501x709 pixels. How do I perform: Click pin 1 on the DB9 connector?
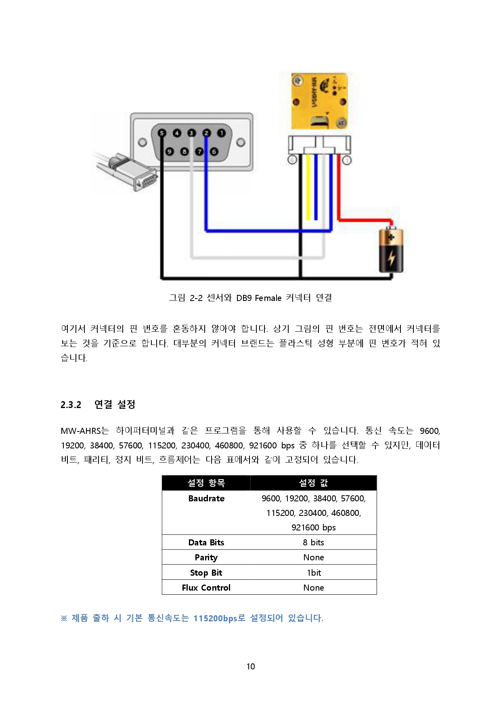click(x=221, y=133)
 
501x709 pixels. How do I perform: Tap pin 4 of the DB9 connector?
click(x=177, y=133)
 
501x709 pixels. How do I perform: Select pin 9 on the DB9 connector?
click(x=170, y=151)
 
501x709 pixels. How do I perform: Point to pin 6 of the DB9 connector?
click(x=214, y=151)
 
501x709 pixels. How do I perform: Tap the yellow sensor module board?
click(x=319, y=101)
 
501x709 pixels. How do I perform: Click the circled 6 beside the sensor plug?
click(x=292, y=160)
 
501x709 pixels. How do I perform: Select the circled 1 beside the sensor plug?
click(x=347, y=160)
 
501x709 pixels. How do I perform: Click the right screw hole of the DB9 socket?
click(x=241, y=142)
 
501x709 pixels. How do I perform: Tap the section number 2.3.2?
click(x=71, y=405)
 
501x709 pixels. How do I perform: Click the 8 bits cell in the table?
click(x=313, y=543)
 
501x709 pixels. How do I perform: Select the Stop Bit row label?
click(x=206, y=573)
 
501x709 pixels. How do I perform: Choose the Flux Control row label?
click(x=206, y=588)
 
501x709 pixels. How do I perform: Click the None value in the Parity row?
click(x=313, y=558)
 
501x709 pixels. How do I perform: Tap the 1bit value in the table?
click(x=314, y=573)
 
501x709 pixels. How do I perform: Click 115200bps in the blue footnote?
click(x=215, y=619)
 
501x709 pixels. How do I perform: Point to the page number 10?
click(x=251, y=667)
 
